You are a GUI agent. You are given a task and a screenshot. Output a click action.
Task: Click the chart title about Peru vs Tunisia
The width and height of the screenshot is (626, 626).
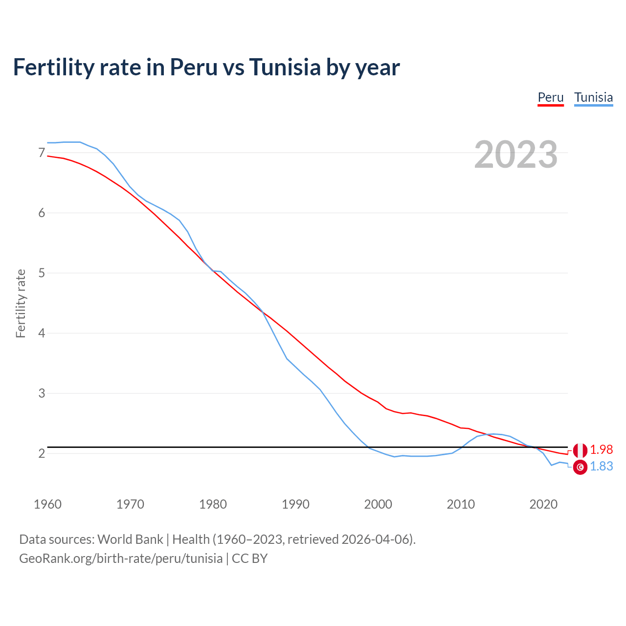(x=206, y=67)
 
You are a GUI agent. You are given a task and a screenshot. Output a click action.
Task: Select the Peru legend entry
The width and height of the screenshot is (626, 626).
(x=551, y=97)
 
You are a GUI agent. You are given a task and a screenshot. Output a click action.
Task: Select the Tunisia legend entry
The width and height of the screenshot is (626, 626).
(x=593, y=97)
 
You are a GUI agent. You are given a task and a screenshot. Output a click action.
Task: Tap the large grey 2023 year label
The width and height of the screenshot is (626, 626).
(x=515, y=155)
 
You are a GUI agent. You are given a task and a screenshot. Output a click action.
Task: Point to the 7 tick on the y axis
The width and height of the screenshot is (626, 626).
(x=42, y=153)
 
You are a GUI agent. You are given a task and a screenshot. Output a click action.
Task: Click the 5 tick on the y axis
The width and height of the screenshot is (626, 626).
(x=42, y=273)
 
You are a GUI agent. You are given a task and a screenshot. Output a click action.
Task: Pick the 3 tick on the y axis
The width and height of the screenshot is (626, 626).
(x=42, y=393)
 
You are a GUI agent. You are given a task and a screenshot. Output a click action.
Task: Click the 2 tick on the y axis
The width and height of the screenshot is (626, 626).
(x=42, y=453)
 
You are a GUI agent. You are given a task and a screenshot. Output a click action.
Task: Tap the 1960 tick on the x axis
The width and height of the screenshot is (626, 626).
(x=47, y=504)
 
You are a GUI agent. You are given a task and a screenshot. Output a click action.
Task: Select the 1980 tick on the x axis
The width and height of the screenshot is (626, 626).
(x=213, y=504)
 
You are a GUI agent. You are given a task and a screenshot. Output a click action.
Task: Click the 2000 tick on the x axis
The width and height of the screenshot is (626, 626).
(x=378, y=504)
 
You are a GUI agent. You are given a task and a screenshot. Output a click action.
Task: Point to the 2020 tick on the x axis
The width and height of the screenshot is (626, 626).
(x=543, y=504)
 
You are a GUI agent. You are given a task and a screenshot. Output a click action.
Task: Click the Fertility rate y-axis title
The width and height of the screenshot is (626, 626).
(x=21, y=303)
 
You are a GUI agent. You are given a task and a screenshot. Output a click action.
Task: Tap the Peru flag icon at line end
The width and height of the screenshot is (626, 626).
(x=580, y=450)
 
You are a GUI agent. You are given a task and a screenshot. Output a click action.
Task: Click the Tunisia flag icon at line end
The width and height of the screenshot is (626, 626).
(x=580, y=468)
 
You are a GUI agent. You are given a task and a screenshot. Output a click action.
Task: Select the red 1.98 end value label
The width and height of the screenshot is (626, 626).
(x=602, y=450)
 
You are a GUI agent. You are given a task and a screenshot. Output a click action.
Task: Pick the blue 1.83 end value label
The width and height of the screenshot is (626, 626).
(x=602, y=467)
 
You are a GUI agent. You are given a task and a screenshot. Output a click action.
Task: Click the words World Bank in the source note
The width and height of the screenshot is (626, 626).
(x=130, y=539)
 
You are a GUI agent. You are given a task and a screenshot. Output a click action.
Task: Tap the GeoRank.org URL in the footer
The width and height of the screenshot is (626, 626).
(x=121, y=559)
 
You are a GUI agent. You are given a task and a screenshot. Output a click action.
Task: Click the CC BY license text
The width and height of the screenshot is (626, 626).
(x=249, y=559)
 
